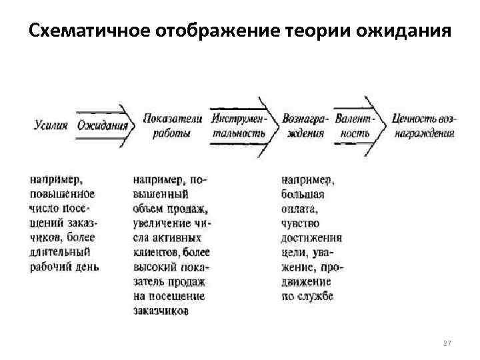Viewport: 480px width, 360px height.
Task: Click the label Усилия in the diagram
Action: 51,125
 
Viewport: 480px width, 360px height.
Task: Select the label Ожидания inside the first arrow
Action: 102,125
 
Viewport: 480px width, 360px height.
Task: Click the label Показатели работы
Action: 171,125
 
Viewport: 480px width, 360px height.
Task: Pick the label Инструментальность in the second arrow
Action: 239,125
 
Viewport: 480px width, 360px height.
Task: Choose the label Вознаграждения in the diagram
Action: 305,125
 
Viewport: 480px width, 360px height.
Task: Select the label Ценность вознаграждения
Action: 424,125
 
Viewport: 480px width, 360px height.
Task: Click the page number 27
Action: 447,343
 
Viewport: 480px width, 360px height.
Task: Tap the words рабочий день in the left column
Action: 65,266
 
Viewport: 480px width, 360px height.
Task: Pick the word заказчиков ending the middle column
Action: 161,310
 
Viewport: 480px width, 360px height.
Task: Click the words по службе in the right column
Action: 307,295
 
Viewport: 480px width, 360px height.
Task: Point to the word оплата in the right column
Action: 298,208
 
